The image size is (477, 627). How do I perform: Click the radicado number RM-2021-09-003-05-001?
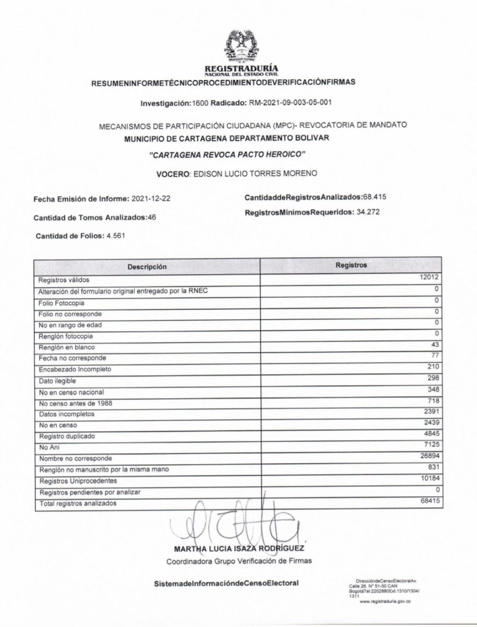(x=290, y=103)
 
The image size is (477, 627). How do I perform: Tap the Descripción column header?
(x=147, y=267)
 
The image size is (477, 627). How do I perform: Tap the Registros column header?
(x=351, y=265)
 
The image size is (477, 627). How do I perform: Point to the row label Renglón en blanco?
(x=66, y=347)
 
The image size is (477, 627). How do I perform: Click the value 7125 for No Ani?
(x=432, y=445)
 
